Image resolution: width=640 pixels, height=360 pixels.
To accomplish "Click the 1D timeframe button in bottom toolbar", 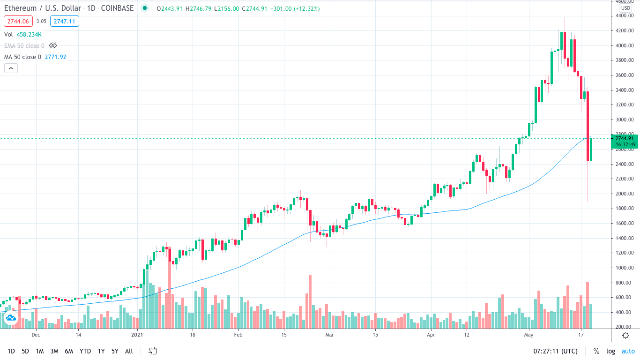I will click(11, 351).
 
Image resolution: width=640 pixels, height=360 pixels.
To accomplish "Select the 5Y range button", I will click(115, 351).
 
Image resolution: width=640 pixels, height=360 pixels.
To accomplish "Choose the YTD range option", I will click(85, 351).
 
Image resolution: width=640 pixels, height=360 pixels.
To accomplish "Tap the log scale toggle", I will click(610, 351).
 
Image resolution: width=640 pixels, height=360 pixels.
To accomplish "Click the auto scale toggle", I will click(628, 351).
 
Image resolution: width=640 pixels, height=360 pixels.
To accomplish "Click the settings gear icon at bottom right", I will click(625, 335).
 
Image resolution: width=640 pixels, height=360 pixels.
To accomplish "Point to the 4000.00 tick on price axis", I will click(625, 45).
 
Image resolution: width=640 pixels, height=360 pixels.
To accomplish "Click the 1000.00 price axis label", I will click(625, 268).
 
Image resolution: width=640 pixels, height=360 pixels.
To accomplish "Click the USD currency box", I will click(625, 8).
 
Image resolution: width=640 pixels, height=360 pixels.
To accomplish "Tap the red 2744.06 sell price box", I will click(18, 21).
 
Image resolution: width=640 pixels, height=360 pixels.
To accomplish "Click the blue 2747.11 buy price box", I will click(65, 21).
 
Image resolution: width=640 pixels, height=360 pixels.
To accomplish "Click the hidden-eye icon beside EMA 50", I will click(53, 45).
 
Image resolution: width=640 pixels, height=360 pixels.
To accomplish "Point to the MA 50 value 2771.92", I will click(55, 57).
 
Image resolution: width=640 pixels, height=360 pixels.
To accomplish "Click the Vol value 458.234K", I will click(29, 34).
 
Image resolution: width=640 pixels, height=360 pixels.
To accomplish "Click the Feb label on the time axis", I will click(238, 335).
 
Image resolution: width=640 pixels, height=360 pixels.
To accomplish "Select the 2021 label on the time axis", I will click(137, 335).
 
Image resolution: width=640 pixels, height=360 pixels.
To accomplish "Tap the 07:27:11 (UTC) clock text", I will click(555, 351).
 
